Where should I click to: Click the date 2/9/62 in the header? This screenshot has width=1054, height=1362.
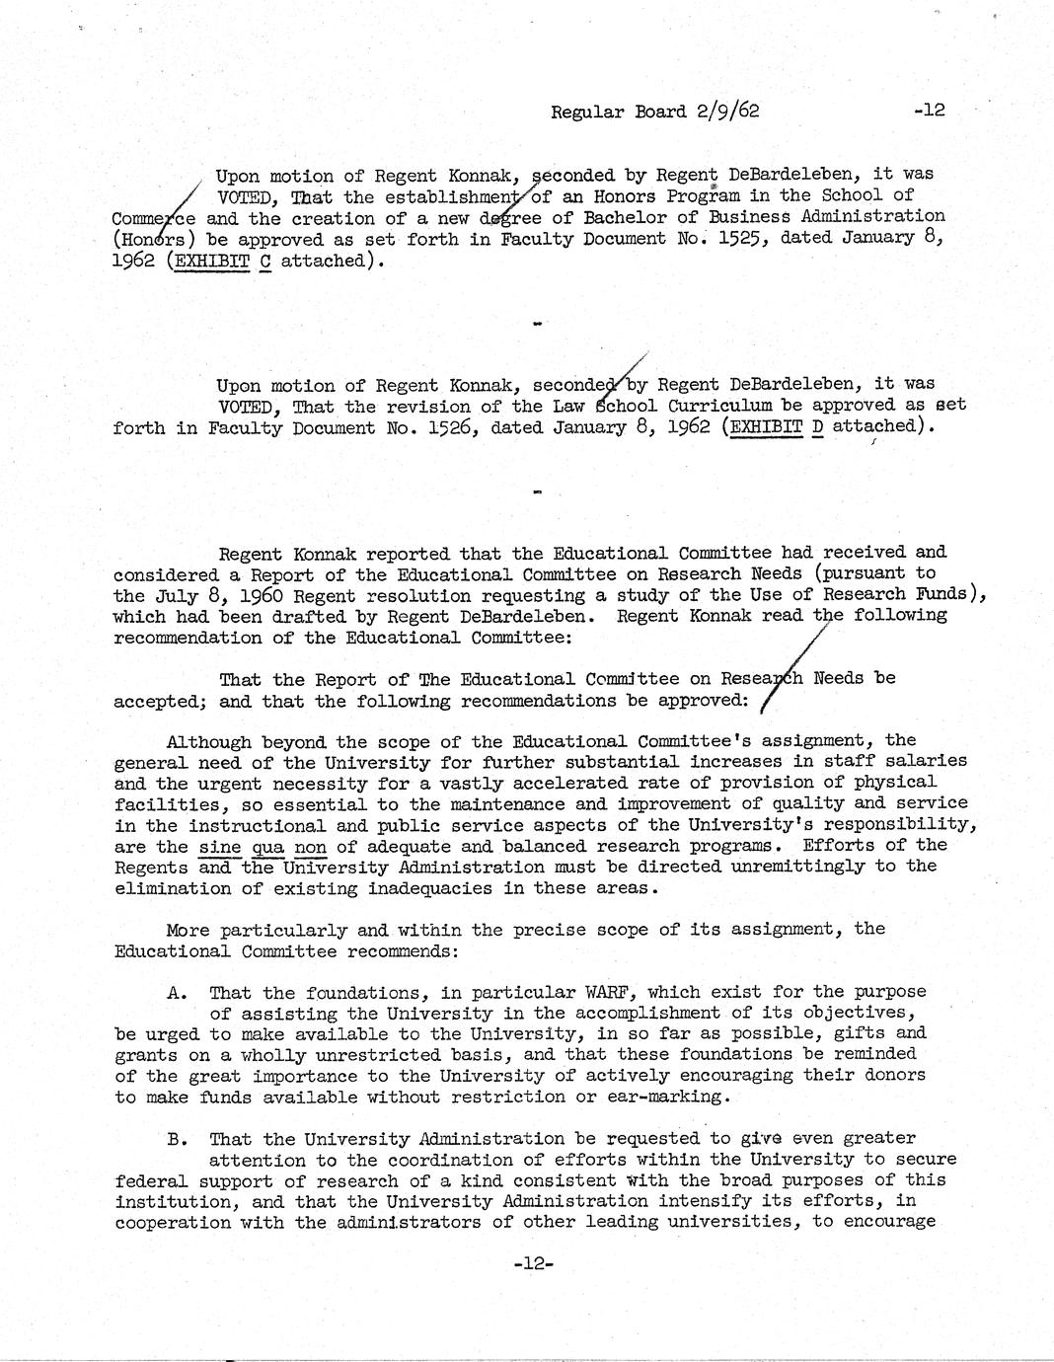pos(726,111)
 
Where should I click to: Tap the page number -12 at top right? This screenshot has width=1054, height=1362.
pos(929,110)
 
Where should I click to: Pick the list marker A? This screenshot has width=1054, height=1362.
pos(177,993)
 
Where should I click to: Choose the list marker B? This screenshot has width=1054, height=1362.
pos(177,1139)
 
